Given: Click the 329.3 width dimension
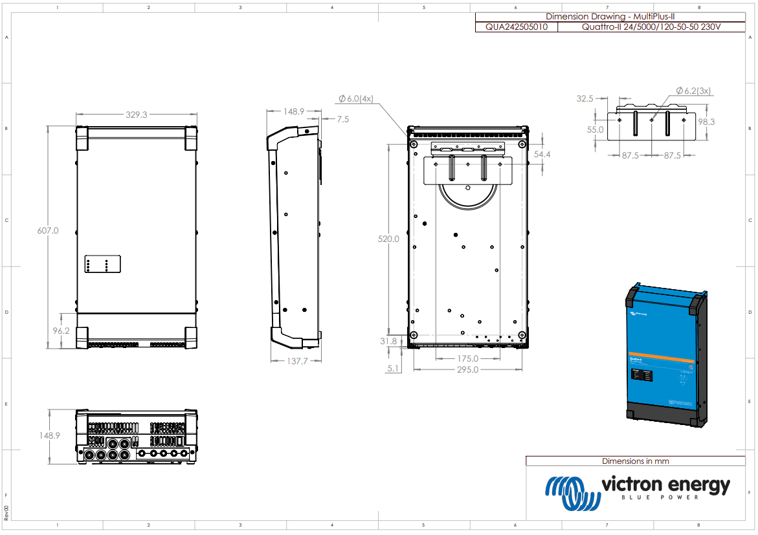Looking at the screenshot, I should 137,115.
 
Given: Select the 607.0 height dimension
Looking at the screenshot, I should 47,230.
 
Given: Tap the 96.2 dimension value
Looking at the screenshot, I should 61,331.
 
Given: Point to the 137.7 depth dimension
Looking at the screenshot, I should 296,361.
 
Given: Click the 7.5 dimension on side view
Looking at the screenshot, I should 342,119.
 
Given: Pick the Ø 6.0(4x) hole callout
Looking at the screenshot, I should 355,98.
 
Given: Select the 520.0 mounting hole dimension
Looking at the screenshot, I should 388,239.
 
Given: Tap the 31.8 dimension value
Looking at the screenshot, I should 389,341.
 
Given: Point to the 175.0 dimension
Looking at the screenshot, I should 467,358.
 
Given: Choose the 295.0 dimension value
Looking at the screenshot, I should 467,369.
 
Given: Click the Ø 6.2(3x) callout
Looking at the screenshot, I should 693,91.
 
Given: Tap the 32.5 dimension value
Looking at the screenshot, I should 585,99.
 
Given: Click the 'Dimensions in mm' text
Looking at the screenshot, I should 635,461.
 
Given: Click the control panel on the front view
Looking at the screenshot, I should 102,265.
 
